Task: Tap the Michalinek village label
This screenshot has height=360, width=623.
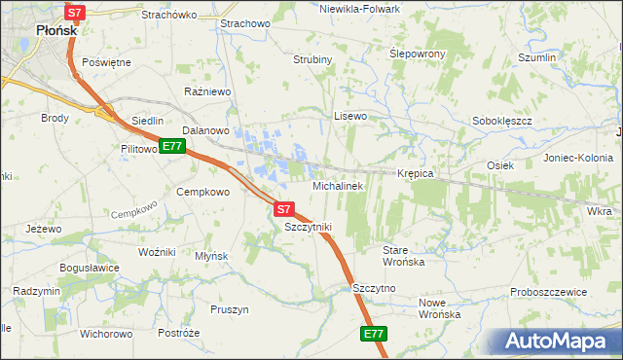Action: click(338, 185)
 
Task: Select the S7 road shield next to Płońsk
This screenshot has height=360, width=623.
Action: click(76, 13)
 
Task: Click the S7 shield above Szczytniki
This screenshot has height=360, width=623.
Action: click(283, 208)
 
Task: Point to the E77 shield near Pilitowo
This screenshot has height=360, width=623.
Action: click(171, 147)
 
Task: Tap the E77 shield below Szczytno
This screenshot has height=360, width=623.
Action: click(374, 334)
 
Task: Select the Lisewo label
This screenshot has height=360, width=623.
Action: click(350, 116)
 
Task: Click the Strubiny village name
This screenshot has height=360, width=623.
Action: click(313, 59)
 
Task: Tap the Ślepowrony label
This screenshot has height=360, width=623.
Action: click(418, 54)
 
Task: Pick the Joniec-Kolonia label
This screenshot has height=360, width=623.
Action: click(577, 158)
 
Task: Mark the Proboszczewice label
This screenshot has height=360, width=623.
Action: click(549, 292)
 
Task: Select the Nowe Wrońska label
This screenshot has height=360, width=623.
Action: click(439, 308)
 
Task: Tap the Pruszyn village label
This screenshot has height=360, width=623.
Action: click(230, 309)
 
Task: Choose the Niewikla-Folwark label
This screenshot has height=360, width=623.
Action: click(359, 8)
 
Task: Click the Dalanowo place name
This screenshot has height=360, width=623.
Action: click(205, 130)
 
